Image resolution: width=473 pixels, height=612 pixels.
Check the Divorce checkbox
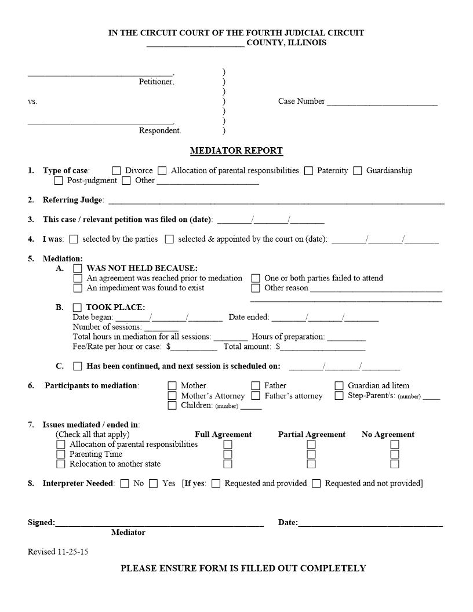point(117,171)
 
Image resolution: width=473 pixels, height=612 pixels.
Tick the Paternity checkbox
point(308,171)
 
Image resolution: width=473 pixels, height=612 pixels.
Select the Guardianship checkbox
point(358,171)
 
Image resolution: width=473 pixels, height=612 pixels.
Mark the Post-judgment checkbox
point(59,181)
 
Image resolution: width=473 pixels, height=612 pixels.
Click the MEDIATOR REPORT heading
point(237,151)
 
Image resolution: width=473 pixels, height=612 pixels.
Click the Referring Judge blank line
point(276,201)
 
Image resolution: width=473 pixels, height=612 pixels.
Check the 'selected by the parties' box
point(74,239)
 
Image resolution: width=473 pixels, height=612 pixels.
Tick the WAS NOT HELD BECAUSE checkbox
point(78,269)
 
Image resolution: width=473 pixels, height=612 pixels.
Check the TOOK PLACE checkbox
point(78,308)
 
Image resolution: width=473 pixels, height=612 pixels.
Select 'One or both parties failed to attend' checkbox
point(256,279)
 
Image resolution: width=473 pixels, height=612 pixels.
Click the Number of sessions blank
point(161,328)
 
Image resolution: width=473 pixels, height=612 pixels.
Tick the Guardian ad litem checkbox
point(339,386)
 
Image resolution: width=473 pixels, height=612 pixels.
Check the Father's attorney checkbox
point(256,396)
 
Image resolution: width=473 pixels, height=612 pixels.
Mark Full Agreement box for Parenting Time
point(228,454)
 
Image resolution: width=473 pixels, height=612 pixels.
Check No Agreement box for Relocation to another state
point(395,464)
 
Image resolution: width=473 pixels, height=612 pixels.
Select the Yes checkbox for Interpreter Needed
point(154,484)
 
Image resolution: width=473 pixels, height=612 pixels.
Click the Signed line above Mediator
point(159,523)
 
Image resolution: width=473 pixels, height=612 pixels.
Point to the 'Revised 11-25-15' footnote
point(58,552)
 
